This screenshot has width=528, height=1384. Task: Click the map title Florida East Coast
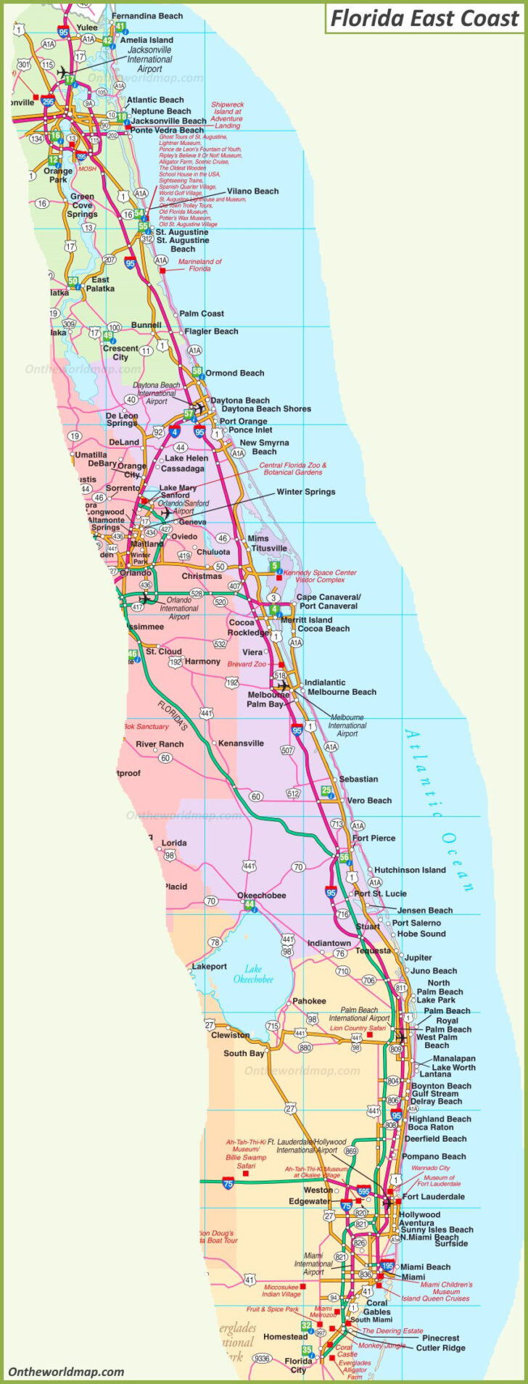[424, 18]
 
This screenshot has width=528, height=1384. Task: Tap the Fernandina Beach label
[147, 16]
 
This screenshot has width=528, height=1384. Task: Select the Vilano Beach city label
[252, 191]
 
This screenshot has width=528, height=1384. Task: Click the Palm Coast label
[202, 313]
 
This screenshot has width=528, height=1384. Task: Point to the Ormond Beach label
[234, 373]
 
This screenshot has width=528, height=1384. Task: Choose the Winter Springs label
[305, 492]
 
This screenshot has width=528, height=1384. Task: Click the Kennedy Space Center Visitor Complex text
[320, 576]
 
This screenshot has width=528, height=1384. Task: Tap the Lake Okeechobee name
[253, 973]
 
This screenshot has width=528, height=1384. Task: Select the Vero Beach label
[369, 800]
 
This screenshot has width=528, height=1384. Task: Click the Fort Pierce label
[374, 838]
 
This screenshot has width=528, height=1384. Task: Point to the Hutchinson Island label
[410, 870]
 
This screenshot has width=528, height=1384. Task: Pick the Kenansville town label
[241, 744]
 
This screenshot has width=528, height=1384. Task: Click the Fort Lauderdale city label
[433, 1197]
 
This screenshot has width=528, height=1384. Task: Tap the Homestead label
[285, 1336]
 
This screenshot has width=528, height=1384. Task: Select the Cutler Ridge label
[440, 1348]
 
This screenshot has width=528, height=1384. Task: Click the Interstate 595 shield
[363, 1192]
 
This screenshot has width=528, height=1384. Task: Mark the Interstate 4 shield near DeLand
[175, 432]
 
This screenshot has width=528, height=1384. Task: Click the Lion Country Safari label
[358, 1028]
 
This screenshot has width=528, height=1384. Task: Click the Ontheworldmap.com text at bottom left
[66, 1372]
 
